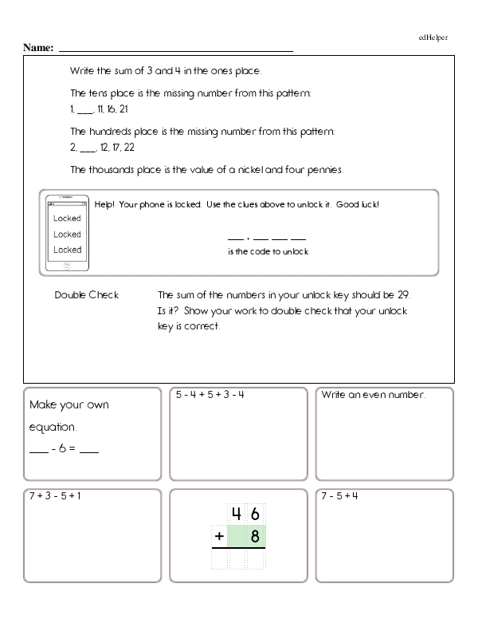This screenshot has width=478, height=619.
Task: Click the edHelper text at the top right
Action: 433,37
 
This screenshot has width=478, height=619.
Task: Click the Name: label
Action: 37,48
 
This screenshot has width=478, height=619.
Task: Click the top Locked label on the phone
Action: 67,219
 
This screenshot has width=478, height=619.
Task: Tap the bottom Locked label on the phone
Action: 67,250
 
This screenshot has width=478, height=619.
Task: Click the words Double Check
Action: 86,295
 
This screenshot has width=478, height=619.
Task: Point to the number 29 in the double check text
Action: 404,295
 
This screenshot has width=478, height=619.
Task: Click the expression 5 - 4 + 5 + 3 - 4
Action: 210,395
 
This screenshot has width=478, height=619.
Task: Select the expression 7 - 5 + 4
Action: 340,496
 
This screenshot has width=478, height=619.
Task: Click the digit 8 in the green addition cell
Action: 255,537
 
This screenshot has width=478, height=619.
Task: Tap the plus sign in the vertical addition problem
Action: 218,537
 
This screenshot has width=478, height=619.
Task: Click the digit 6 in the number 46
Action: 255,514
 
